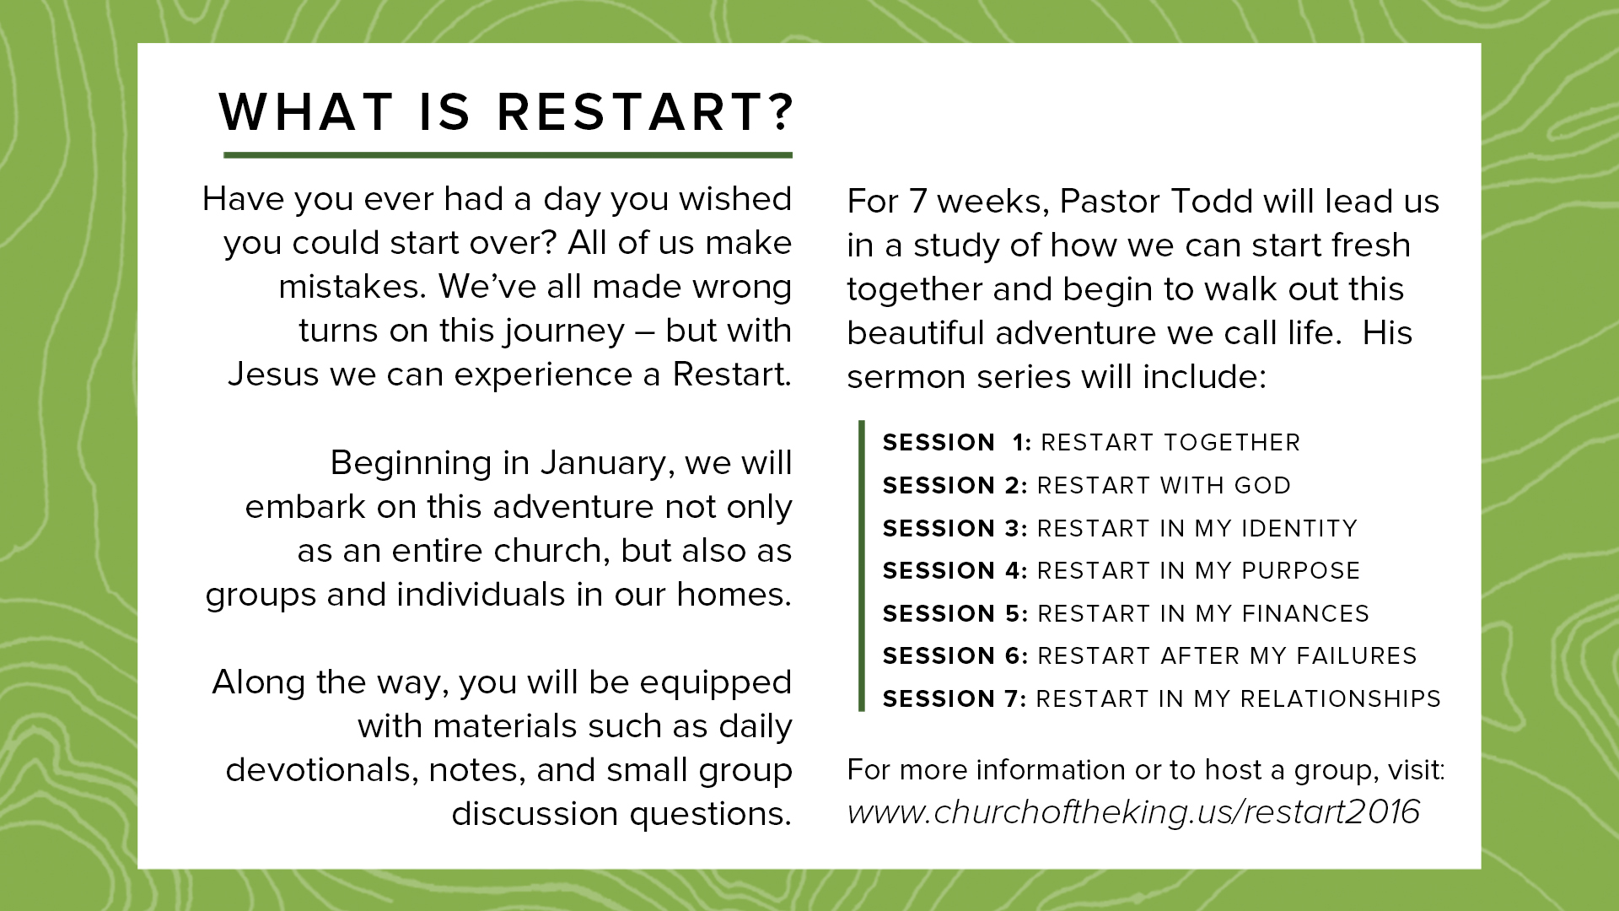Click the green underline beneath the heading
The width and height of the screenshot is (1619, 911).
(x=508, y=155)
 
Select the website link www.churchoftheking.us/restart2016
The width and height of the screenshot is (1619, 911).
(x=1133, y=812)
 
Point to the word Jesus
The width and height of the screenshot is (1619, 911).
(x=274, y=375)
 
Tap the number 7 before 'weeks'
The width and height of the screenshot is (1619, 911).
(x=917, y=202)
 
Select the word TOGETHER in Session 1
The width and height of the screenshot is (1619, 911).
(x=1232, y=443)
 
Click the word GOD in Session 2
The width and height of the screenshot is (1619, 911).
(x=1262, y=486)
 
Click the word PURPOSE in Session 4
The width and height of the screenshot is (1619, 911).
(x=1301, y=571)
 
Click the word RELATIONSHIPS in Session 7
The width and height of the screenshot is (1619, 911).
(x=1341, y=699)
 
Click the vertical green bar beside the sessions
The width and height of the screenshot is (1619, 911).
(x=862, y=566)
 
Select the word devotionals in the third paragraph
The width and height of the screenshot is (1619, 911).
(x=322, y=770)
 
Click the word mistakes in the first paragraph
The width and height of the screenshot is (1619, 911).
(x=352, y=288)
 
